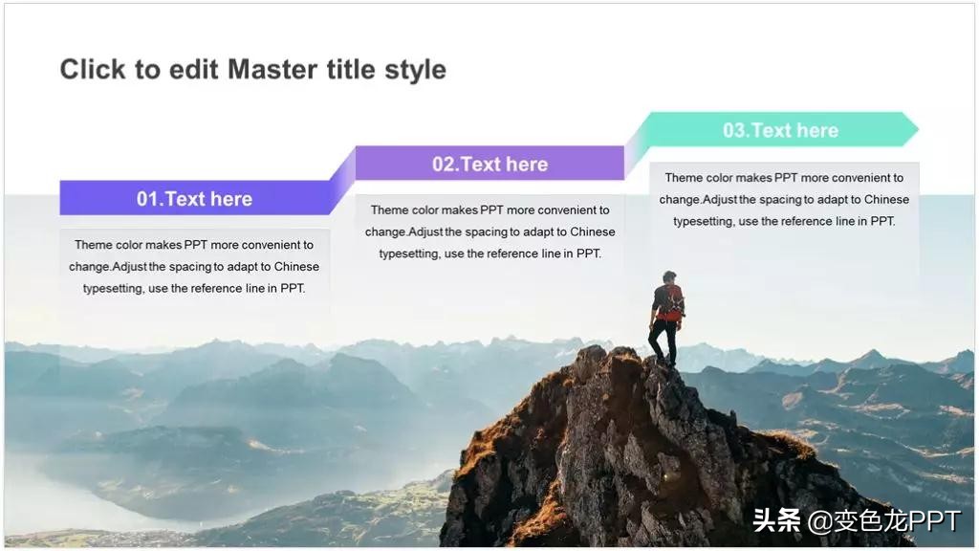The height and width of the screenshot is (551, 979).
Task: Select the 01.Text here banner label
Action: (x=194, y=199)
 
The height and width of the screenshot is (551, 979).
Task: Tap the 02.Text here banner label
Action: (x=489, y=164)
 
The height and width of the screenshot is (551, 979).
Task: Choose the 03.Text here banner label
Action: (x=780, y=130)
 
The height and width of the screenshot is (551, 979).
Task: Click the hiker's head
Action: (x=669, y=276)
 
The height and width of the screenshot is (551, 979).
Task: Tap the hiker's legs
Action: (x=663, y=342)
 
